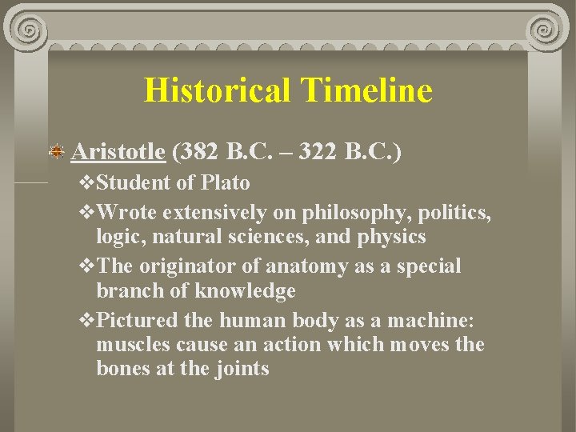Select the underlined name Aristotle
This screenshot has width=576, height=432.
pyautogui.click(x=118, y=150)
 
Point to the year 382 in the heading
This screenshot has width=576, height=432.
pyautogui.click(x=201, y=150)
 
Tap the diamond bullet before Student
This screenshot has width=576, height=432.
pyautogui.click(x=88, y=183)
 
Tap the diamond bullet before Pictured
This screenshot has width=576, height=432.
pyautogui.click(x=88, y=320)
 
